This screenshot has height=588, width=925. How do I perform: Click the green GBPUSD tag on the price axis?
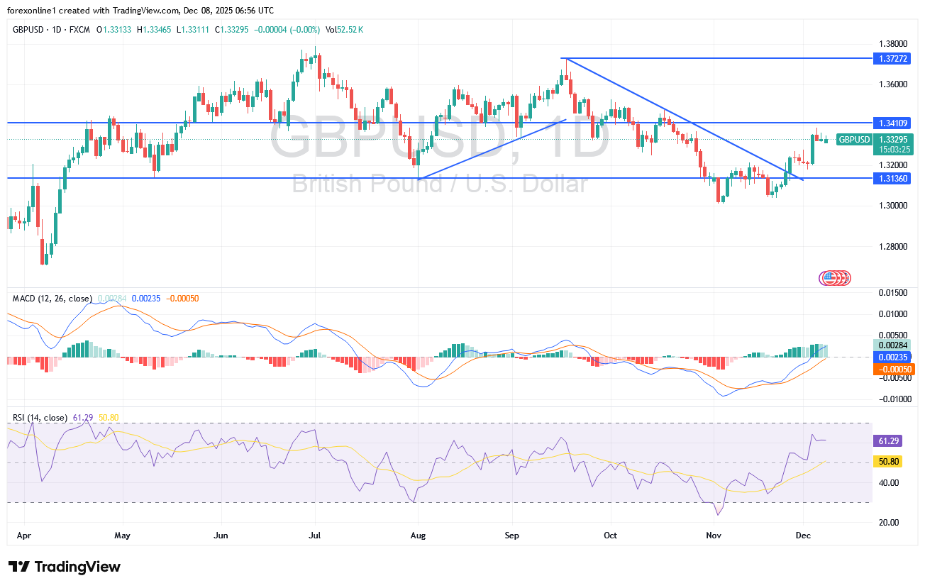coord(854,140)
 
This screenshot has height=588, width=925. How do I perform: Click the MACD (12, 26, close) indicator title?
coord(52,299)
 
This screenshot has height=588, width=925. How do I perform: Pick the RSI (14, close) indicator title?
coord(40,418)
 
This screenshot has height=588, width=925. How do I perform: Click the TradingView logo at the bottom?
coord(65,567)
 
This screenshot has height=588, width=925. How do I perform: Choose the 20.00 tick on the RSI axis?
coord(889,523)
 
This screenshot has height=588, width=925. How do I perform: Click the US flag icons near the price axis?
coord(835,278)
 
